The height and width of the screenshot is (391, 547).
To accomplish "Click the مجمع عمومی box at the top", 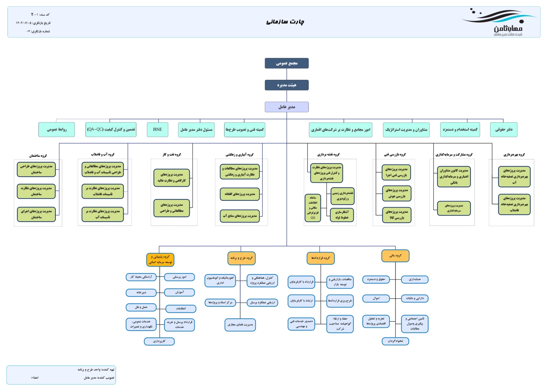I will (287, 63).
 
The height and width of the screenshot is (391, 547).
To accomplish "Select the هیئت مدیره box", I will (287, 85).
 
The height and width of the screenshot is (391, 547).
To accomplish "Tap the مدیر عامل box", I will (287, 107).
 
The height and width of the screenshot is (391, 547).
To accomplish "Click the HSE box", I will (158, 129).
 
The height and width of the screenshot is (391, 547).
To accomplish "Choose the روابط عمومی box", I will (57, 129).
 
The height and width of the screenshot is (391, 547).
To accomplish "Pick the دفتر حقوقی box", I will (504, 129).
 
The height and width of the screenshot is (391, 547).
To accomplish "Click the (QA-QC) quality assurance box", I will (111, 129).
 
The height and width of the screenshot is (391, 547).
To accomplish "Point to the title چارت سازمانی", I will (285, 22).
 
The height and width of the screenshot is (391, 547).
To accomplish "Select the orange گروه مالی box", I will (395, 256).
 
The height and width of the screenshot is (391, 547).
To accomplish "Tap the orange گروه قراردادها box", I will (321, 258).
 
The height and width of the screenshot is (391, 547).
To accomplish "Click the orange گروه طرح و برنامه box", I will (241, 258).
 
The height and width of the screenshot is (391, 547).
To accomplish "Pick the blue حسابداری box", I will (415, 279).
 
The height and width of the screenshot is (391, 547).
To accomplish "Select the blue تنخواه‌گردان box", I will (395, 341).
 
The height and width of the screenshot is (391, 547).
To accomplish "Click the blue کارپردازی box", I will (159, 341).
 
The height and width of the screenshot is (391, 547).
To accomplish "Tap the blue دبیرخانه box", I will (141, 293).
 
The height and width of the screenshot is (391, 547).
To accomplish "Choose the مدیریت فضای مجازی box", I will (240, 325).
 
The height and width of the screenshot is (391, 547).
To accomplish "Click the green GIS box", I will (313, 208).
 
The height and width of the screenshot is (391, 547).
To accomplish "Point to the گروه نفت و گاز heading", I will (171, 155).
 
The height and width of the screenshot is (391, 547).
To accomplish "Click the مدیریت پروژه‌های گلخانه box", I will (240, 194).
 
